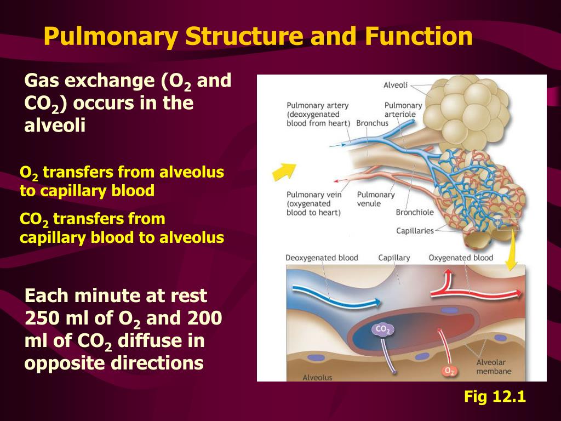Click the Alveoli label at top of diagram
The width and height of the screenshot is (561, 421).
395,85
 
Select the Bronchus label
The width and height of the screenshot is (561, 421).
372,123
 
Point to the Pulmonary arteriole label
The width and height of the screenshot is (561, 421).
403,110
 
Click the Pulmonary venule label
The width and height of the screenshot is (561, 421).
376,199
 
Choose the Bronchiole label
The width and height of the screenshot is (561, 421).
415,213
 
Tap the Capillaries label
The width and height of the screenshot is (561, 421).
415,231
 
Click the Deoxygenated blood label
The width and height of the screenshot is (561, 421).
322,258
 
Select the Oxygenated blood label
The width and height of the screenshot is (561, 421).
461,258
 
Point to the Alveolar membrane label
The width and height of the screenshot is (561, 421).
494,367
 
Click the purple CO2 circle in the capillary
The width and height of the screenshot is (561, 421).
382,329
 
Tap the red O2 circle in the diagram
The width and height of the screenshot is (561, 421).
449,371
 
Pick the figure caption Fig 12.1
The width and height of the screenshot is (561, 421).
495,396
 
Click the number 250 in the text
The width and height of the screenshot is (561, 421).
43,318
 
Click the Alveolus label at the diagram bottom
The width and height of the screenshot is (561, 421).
317,377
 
